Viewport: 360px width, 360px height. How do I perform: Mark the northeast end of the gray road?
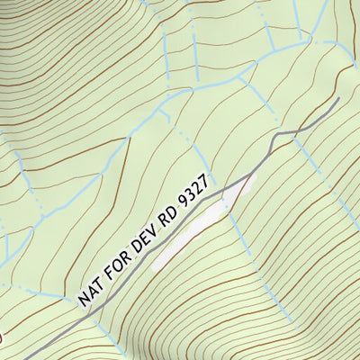click(x=338, y=99)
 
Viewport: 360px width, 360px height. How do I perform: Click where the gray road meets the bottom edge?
click(x=37, y=358)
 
